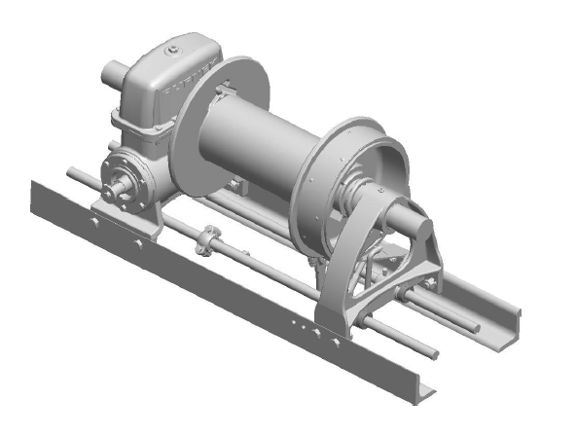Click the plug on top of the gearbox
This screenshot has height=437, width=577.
click(x=172, y=51)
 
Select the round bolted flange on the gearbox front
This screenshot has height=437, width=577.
click(x=126, y=179)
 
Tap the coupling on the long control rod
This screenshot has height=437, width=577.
click(x=205, y=239)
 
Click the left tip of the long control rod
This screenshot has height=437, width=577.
click(x=71, y=172)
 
